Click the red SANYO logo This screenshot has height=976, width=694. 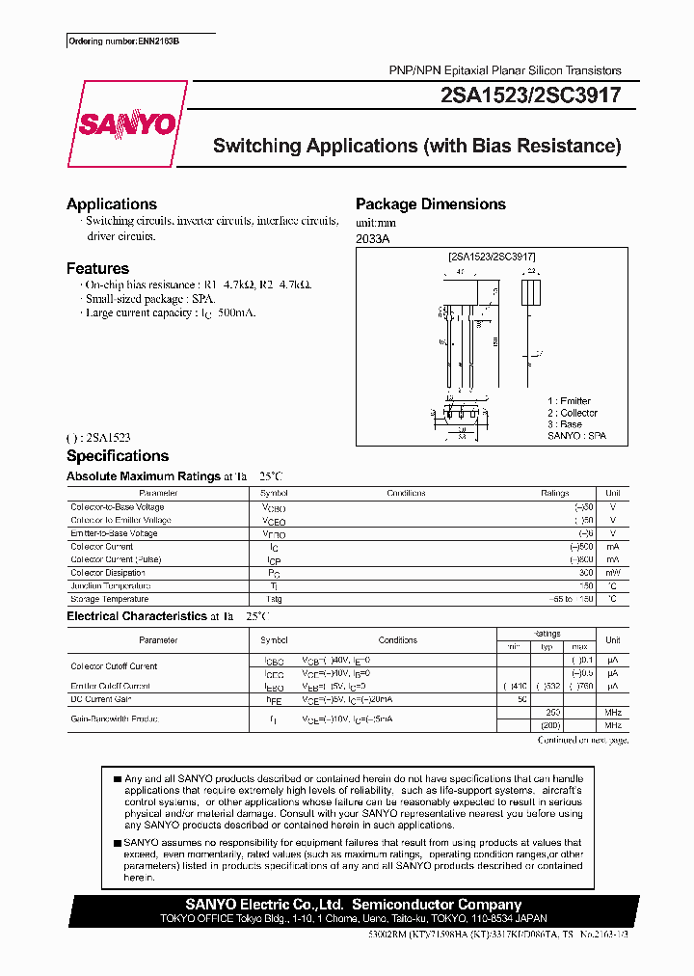click(x=127, y=123)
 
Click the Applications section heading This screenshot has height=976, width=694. click(x=112, y=204)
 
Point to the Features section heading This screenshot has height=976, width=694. click(x=97, y=269)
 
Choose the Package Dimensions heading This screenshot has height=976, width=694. click(x=430, y=204)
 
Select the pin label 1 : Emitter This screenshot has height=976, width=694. click(x=569, y=401)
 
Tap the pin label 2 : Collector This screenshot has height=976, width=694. click(x=573, y=413)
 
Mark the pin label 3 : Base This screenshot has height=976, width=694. click(x=565, y=424)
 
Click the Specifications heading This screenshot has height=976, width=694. click(x=118, y=456)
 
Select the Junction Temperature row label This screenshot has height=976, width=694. click(x=111, y=585)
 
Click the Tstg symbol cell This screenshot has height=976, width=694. click(x=274, y=599)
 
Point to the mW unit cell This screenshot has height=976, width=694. click(x=612, y=573)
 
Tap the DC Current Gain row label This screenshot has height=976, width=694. click(x=101, y=698)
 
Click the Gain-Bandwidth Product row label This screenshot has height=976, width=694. click(x=114, y=718)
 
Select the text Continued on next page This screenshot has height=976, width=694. click(x=582, y=740)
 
